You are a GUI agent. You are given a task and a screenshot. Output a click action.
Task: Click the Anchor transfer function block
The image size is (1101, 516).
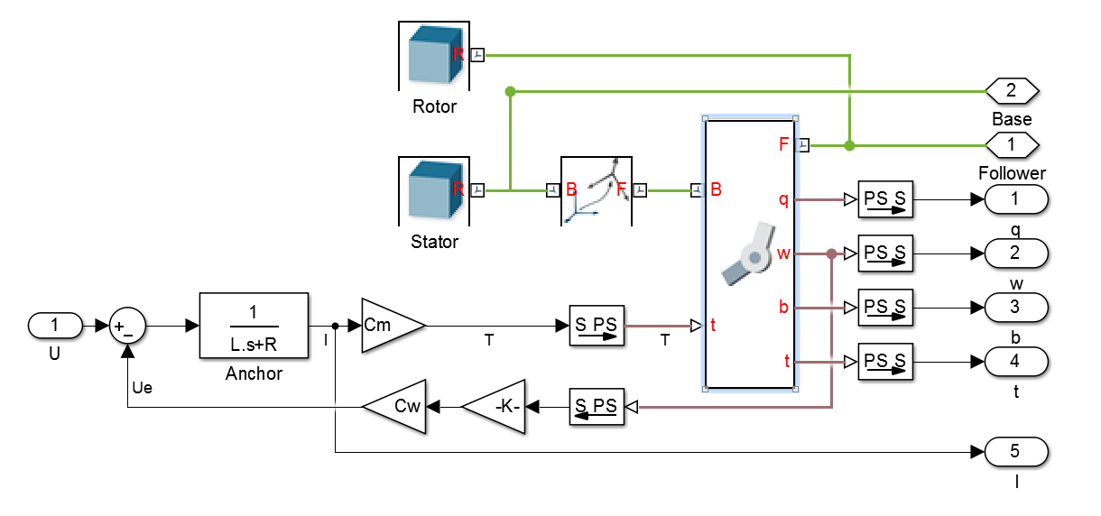pyautogui.click(x=254, y=325)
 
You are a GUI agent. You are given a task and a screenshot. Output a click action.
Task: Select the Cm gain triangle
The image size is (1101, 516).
pyautogui.click(x=389, y=325)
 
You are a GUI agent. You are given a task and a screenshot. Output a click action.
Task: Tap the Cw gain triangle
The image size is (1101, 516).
pyautogui.click(x=396, y=407)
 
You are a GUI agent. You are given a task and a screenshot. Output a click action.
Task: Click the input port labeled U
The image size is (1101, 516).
pyautogui.click(x=55, y=325)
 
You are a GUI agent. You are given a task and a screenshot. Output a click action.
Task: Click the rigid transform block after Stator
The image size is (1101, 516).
pyautogui.click(x=597, y=190)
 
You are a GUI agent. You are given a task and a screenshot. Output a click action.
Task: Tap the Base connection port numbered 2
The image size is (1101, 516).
pyautogui.click(x=1012, y=91)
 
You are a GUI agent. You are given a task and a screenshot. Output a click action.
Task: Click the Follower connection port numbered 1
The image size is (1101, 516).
pyautogui.click(x=1012, y=144)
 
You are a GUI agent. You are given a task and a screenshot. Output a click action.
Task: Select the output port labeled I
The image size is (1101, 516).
pyautogui.click(x=1016, y=451)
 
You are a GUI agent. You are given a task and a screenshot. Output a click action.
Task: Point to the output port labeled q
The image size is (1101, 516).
pyautogui.click(x=1016, y=198)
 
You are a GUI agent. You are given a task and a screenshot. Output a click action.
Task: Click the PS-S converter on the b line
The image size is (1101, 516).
pyautogui.click(x=884, y=308)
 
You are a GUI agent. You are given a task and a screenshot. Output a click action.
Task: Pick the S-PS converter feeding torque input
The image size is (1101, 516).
pyautogui.click(x=597, y=326)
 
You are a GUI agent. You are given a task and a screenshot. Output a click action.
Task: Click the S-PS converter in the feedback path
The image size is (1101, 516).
pyautogui.click(x=597, y=407)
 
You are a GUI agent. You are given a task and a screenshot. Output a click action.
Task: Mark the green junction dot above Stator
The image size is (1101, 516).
pyautogui.click(x=510, y=91)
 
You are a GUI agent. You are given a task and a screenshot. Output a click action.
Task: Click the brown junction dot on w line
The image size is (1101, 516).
pyautogui.click(x=831, y=253)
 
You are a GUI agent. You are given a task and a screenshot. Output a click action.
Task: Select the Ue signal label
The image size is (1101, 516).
pyautogui.click(x=143, y=387)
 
